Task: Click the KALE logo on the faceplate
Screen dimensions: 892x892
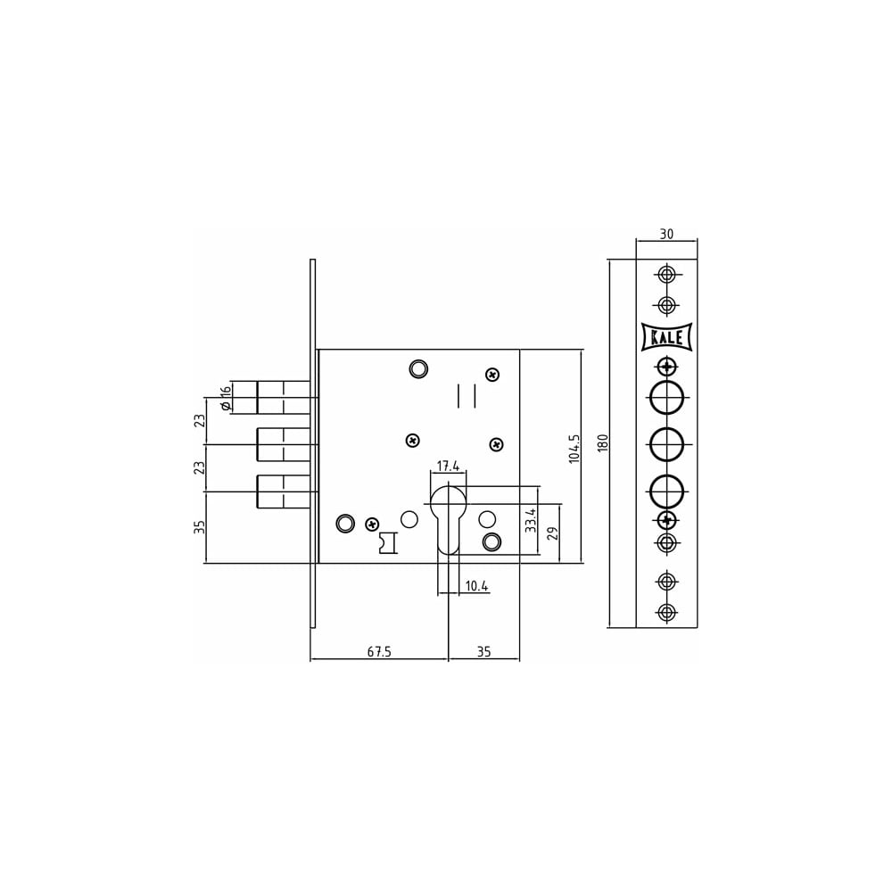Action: pyautogui.click(x=666, y=337)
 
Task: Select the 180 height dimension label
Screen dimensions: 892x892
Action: pyautogui.click(x=603, y=443)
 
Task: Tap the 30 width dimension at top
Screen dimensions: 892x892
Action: pyautogui.click(x=666, y=234)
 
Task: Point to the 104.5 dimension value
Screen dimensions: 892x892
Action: pyautogui.click(x=574, y=449)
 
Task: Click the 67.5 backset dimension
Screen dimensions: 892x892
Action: pyautogui.click(x=379, y=651)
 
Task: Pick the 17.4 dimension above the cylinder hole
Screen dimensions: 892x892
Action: pyautogui.click(x=448, y=466)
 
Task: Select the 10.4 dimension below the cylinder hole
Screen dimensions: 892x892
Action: pyautogui.click(x=476, y=586)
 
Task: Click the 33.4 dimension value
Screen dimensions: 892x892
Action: pyautogui.click(x=530, y=520)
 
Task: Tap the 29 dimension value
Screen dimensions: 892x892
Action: pyautogui.click(x=552, y=533)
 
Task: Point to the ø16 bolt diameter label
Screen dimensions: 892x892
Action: pyautogui.click(x=226, y=398)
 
